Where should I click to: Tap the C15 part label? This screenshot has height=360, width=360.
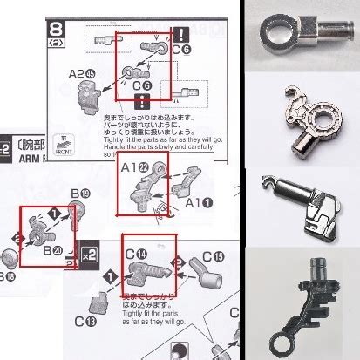click(211, 256)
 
